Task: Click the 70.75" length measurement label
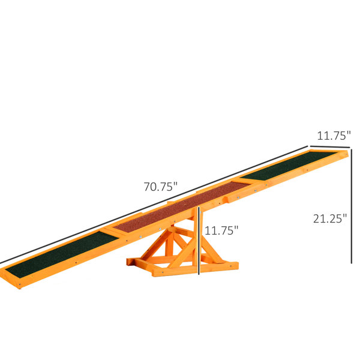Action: [161, 187]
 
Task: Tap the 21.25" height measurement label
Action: [330, 218]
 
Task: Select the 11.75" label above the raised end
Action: [334, 136]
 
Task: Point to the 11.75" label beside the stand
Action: [221, 230]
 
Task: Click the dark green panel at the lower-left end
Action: [62, 254]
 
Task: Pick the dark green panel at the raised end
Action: [289, 166]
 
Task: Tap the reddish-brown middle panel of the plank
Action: [181, 207]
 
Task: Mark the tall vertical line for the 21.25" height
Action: [351, 206]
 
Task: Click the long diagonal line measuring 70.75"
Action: [154, 205]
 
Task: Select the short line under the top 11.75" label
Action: [330, 146]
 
